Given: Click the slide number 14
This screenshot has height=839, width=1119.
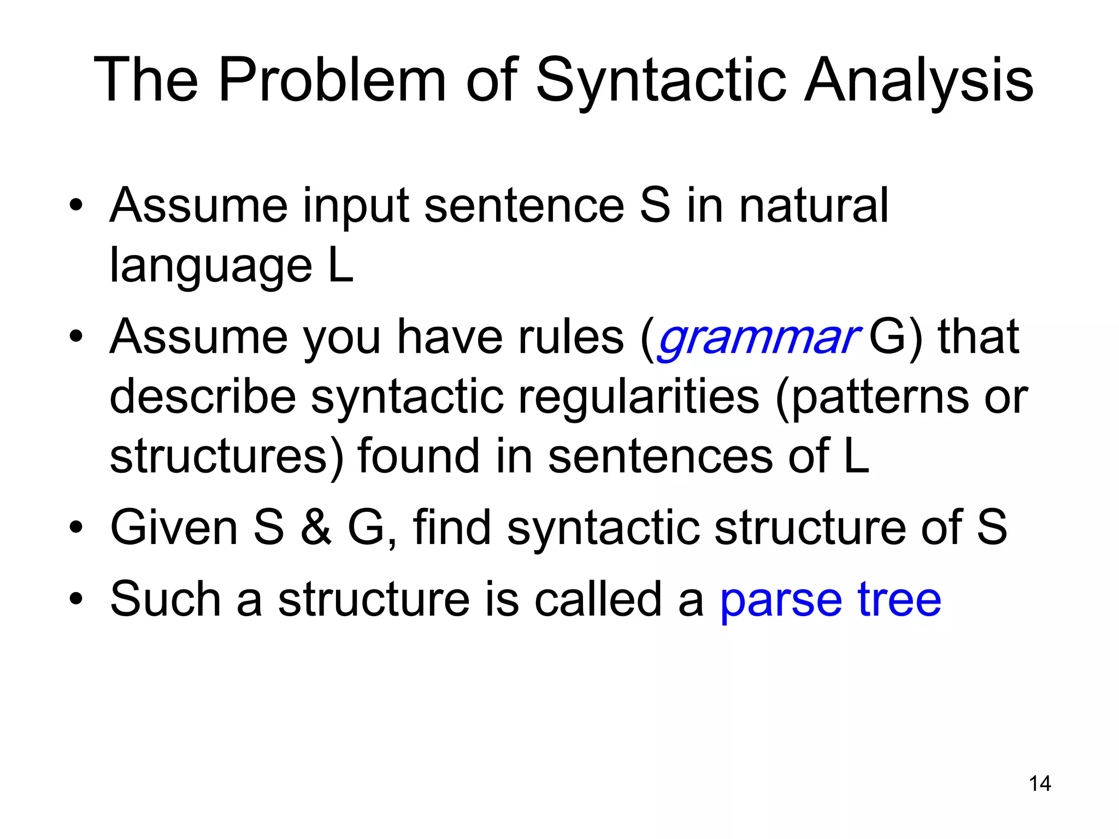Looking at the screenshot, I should [x=1039, y=784].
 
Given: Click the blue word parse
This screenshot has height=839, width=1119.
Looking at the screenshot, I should [x=781, y=601].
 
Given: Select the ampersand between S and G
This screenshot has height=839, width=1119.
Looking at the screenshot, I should [x=316, y=527].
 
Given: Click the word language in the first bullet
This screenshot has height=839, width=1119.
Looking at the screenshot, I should [x=211, y=267].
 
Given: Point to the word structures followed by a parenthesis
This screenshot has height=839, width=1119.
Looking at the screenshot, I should [x=219, y=457].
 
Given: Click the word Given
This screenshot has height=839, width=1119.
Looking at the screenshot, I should [x=174, y=527].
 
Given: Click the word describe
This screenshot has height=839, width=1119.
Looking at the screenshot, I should [x=203, y=397].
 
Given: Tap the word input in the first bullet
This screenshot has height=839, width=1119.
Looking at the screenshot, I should [x=356, y=206].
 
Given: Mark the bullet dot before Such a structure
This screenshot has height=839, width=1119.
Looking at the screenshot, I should [x=76, y=599].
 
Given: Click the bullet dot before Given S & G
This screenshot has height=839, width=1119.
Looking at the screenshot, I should [x=76, y=527].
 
